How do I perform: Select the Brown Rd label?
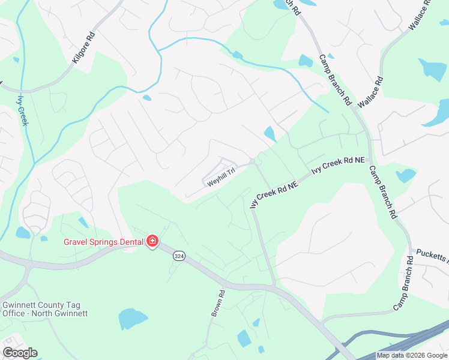point(217,304)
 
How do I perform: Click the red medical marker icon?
point(152,242)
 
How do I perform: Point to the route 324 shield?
point(178,256)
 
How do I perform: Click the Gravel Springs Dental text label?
point(104,242)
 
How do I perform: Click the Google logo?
point(20,353)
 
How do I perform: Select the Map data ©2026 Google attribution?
point(412,356)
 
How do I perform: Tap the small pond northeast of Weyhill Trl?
point(270,133)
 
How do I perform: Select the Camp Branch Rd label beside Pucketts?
point(404,284)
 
